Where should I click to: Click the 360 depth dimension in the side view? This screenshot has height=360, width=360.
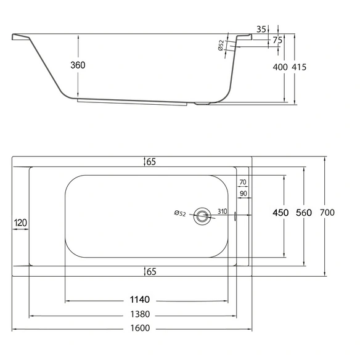click(78, 65)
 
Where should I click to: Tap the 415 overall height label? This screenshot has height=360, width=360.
click(299, 67)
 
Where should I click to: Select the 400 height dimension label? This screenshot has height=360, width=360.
click(280, 67)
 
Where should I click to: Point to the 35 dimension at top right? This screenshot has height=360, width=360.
click(261, 30)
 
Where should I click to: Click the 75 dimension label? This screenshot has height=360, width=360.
click(277, 41)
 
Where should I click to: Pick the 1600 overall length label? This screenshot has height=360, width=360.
click(140, 328)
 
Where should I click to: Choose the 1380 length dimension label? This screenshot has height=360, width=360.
click(140, 314)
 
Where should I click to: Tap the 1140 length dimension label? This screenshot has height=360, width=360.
click(140, 300)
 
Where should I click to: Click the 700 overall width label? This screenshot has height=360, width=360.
click(327, 213)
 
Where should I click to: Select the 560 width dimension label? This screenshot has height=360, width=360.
click(304, 213)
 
